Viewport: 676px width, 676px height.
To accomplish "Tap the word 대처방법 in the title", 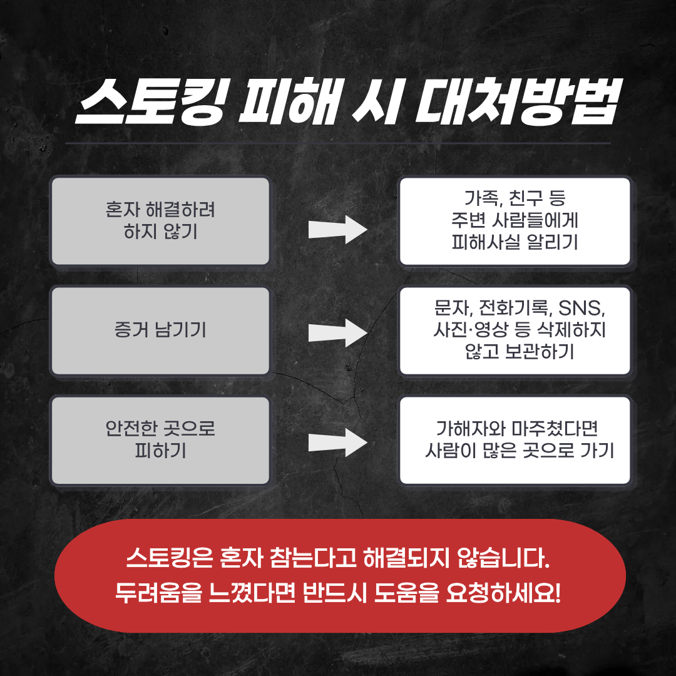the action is (518, 102).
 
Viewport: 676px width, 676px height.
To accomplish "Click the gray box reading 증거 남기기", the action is (160, 331).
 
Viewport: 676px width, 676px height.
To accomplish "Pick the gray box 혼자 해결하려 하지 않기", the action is (160, 221).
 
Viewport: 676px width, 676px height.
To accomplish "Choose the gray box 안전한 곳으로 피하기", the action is (160, 441).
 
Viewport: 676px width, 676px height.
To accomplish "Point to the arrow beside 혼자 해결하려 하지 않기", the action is (337, 229).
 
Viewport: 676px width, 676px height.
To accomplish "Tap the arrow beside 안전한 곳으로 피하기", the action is (337, 443).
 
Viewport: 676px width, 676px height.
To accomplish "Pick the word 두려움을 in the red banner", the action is (158, 593).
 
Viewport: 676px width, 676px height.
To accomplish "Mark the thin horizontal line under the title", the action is (338, 143).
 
